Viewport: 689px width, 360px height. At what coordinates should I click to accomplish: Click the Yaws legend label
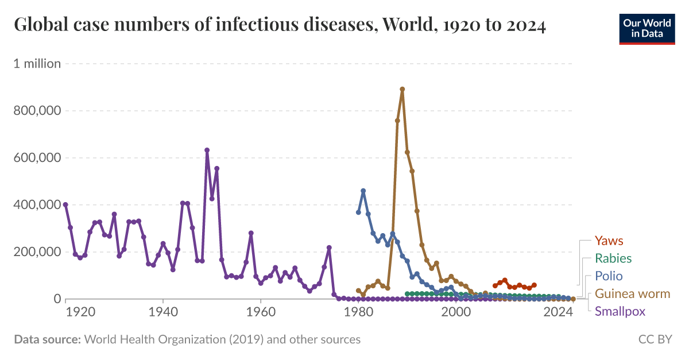609,241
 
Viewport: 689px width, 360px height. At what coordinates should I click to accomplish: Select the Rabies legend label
613,258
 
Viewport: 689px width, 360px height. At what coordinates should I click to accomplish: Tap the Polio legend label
609,276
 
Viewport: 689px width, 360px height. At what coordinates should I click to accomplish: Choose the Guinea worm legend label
632,294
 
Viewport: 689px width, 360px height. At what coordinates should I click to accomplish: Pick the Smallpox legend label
620,312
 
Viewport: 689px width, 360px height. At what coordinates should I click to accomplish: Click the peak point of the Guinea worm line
402,89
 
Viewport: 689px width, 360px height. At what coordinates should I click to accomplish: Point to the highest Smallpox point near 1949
207,150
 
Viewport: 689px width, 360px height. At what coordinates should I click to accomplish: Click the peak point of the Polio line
363,191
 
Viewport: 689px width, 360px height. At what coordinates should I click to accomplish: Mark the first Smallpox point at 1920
65,204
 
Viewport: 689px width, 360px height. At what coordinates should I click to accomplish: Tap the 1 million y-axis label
37,64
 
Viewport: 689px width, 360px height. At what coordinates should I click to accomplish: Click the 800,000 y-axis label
37,111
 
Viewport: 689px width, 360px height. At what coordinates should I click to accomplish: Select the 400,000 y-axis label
37,205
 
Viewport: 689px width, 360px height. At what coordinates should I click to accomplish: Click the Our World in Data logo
647,28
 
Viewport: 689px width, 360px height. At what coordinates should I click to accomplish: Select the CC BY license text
655,340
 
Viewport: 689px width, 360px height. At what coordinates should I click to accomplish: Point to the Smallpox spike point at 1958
251,233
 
